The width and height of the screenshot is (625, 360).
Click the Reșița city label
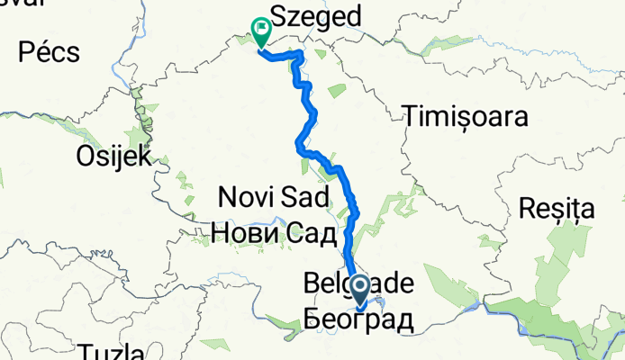coord(557,210)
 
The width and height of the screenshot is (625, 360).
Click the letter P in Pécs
coord(25,52)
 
